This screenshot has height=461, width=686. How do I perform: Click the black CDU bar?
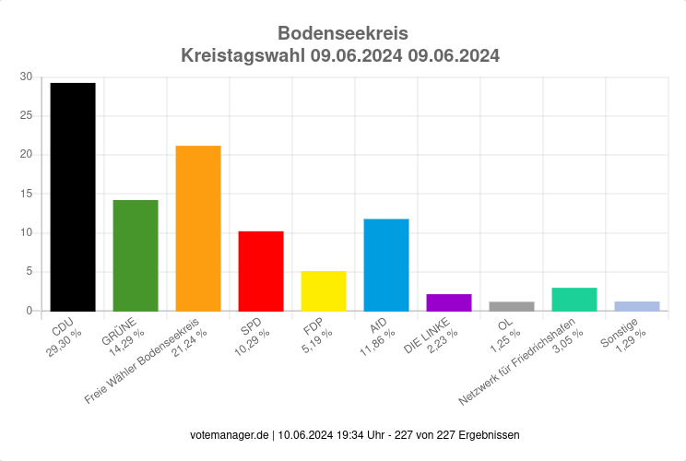(73, 196)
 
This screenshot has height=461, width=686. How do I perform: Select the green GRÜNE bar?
(136, 255)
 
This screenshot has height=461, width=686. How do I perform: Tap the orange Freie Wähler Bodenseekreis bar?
(198, 228)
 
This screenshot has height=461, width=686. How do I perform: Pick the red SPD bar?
(261, 271)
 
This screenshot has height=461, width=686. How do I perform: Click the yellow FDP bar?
(324, 290)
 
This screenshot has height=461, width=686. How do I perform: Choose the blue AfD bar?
(386, 265)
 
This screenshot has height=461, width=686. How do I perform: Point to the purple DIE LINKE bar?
(449, 302)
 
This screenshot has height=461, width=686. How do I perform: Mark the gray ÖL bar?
(512, 306)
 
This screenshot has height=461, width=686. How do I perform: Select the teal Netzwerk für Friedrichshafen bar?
(574, 300)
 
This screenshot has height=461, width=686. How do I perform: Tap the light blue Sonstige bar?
(637, 306)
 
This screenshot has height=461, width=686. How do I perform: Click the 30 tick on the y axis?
(26, 77)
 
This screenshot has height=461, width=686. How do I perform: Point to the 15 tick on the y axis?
(26, 195)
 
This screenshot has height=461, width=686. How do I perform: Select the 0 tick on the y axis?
(29, 311)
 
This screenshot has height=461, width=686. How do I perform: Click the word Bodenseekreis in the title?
(342, 34)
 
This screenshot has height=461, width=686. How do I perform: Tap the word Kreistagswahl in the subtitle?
(243, 55)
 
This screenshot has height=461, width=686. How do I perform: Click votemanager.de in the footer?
(230, 434)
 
